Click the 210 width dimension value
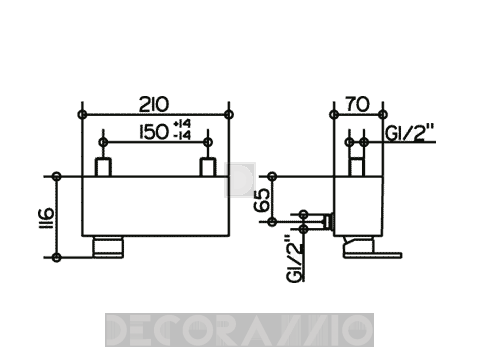(154, 104)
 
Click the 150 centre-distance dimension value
(153, 132)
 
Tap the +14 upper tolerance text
(182, 124)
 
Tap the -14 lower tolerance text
(182, 135)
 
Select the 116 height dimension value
(46, 218)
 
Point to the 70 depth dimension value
(357, 104)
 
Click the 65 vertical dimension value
(262, 200)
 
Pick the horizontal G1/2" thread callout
(410, 133)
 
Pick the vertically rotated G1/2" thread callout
(294, 259)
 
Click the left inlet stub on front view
(103, 168)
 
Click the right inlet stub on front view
(208, 168)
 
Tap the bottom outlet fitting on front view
(108, 247)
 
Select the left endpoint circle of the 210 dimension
(82, 115)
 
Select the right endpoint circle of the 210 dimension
(229, 115)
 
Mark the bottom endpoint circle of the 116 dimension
(57, 257)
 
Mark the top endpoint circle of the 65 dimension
(272, 176)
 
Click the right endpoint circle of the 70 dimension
(383, 115)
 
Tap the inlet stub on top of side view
(357, 167)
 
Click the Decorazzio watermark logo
(239, 330)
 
